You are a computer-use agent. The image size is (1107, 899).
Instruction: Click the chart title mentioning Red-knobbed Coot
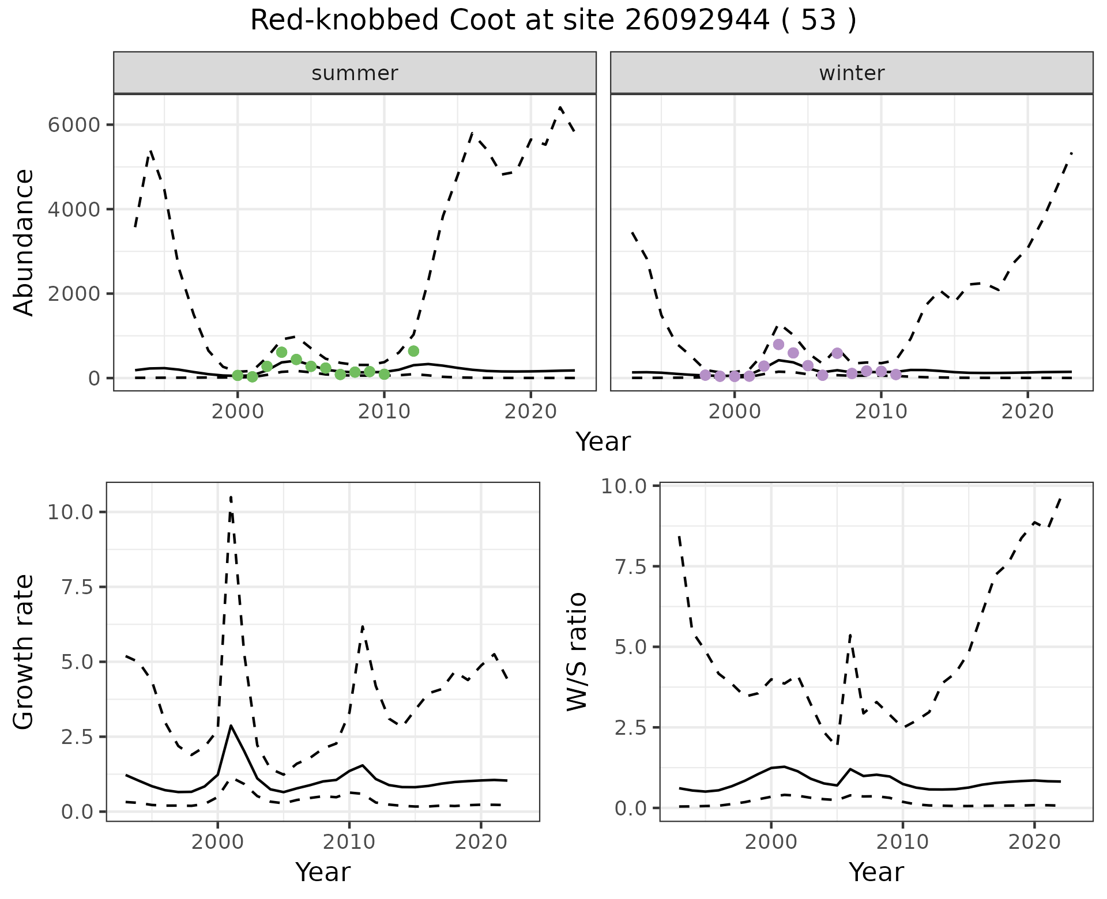pos(553,21)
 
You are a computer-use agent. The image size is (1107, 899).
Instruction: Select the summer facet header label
pos(355,73)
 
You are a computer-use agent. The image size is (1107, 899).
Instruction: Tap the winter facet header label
pos(852,73)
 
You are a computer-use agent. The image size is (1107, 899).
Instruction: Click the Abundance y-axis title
pos(24,243)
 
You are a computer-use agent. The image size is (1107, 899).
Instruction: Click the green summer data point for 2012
pos(413,351)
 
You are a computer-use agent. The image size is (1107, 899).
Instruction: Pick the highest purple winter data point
pos(778,345)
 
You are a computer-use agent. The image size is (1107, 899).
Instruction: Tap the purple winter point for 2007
pos(837,353)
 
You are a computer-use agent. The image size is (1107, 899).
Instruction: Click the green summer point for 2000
pos(238,376)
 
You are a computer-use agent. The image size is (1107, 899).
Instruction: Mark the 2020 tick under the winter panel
pos(1027,411)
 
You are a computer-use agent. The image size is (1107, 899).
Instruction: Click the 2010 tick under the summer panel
pos(383,411)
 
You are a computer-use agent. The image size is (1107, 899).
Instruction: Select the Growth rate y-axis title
pos(24,652)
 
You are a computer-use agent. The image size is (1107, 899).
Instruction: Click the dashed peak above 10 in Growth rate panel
pos(231,497)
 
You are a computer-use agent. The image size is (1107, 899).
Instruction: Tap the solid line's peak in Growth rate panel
pos(231,726)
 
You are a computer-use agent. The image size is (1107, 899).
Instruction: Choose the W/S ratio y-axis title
pos(577,651)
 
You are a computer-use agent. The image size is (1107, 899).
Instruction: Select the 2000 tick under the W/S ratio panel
pos(771,842)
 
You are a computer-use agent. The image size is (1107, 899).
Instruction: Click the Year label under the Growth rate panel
pos(323,872)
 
